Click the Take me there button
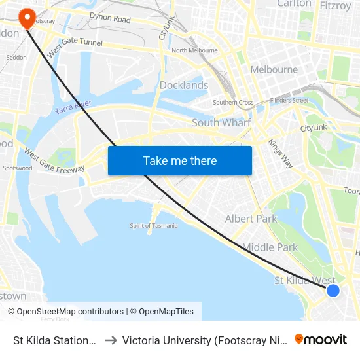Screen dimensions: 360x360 tap(180, 160)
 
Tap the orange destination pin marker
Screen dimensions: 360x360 tap(27, 18)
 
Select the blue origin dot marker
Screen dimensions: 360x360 tap(333, 290)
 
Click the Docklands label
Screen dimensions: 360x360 tap(184, 85)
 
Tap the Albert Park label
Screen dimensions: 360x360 tap(251, 219)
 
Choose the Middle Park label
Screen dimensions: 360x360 tap(270, 247)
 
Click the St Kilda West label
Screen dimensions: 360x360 tap(304, 281)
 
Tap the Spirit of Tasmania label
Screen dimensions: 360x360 tap(154, 226)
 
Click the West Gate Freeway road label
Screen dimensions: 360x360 tap(55, 161)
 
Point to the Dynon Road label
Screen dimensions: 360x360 tap(110, 18)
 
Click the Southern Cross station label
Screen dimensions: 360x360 tap(233, 103)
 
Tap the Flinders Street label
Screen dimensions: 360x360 tap(289, 101)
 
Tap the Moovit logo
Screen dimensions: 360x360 tap(321, 339)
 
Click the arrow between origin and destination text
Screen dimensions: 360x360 tap(110, 340)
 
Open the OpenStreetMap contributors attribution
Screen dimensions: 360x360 tap(70, 312)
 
